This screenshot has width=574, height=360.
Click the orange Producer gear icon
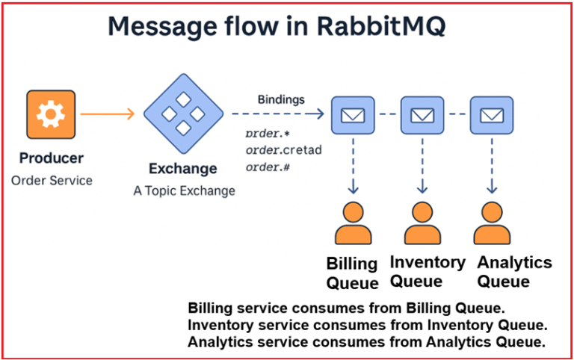[x=52, y=114]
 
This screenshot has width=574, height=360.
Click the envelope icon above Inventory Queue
[x=422, y=115]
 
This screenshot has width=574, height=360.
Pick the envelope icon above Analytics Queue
[x=491, y=115]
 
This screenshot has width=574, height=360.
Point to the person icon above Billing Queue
[x=352, y=224]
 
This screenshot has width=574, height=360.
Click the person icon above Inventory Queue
[x=422, y=224]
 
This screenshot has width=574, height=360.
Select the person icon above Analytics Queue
[x=491, y=224]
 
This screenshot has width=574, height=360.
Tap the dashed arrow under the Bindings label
[x=277, y=114]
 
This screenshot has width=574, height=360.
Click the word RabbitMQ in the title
[x=382, y=26]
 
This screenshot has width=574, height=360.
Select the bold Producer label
[x=52, y=158]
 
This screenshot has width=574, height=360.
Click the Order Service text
[x=52, y=180]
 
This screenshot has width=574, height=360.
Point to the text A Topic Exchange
[x=184, y=190]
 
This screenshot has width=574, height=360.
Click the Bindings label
[x=281, y=99]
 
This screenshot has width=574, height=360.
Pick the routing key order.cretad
[x=283, y=150]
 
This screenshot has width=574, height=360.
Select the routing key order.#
[x=268, y=167]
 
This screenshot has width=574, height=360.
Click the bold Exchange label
[x=183, y=168]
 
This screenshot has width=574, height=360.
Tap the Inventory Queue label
[x=428, y=272]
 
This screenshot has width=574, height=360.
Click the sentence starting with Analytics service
[x=367, y=342]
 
